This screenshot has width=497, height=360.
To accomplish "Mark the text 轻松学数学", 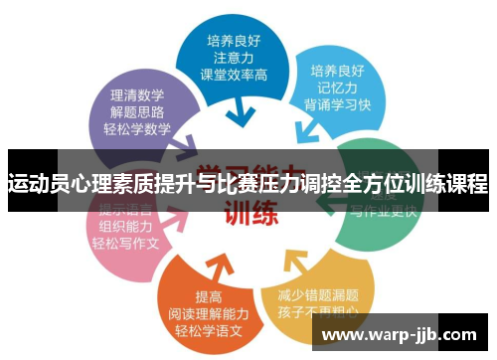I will point(137,128).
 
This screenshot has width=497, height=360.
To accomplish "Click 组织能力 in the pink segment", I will point(125,226).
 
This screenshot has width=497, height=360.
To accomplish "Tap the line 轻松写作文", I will point(125,243).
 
